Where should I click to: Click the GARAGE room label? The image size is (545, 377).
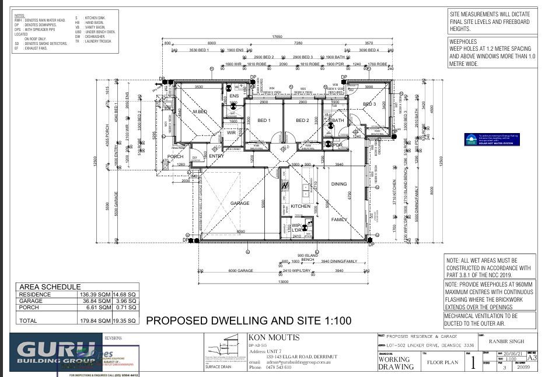click(x=239, y=203)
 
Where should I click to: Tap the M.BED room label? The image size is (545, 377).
click(x=200, y=111)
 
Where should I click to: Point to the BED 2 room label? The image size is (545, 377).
click(x=302, y=121)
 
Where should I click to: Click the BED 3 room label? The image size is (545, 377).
click(x=369, y=104)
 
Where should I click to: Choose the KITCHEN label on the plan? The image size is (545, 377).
click(x=301, y=206)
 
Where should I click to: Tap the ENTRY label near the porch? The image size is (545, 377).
click(x=216, y=156)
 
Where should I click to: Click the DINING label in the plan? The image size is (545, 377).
click(x=339, y=184)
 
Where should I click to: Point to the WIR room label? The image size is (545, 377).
click(x=231, y=133)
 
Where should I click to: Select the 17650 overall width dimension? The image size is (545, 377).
click(x=277, y=37)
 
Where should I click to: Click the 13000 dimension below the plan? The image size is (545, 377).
click(x=283, y=281)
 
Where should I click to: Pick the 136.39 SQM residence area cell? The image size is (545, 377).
click(x=95, y=295)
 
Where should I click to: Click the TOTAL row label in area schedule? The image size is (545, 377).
click(x=28, y=320)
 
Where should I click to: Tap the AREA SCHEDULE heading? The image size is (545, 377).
click(x=50, y=287)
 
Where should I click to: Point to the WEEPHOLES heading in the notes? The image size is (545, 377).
click(x=463, y=42)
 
